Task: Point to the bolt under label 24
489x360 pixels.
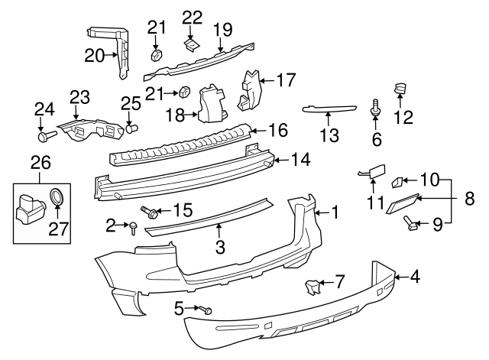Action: tap(43, 138)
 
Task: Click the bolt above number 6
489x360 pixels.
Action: tap(375, 108)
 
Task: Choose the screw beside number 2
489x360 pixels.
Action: tap(133, 227)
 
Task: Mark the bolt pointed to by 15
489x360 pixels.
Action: tap(147, 209)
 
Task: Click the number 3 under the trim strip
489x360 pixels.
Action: tap(219, 247)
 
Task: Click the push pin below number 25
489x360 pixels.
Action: tap(131, 128)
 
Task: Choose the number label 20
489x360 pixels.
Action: tap(94, 55)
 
